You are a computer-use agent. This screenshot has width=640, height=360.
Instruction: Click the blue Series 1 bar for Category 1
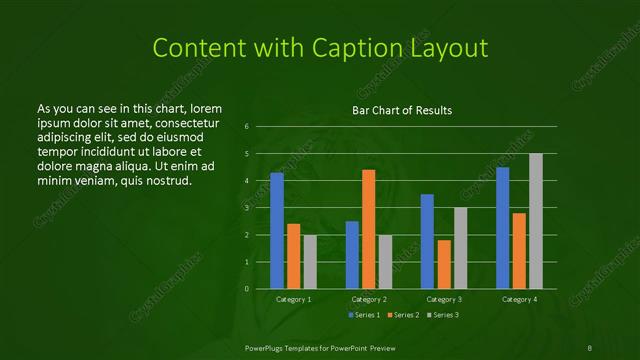(277, 231)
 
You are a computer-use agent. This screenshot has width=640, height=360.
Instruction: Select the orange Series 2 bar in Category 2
(368, 229)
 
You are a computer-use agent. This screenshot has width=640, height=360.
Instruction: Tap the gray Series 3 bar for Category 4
(535, 221)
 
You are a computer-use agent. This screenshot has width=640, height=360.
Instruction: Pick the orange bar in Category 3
(443, 264)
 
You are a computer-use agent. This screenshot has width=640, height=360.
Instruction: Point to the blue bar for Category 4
(502, 228)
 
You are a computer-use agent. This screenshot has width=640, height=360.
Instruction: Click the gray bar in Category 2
(385, 262)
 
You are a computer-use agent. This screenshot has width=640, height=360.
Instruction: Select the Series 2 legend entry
(406, 315)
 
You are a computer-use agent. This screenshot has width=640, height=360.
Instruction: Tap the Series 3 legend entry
(445, 315)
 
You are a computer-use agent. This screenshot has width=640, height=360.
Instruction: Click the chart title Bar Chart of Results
(401, 110)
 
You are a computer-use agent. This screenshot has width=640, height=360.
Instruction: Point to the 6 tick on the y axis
(247, 127)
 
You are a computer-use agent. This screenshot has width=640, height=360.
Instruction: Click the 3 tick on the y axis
(247, 208)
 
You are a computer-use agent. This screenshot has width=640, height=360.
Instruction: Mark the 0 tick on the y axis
(247, 289)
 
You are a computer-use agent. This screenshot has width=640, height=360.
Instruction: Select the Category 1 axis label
(294, 299)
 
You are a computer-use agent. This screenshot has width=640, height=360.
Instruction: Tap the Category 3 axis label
(443, 299)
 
